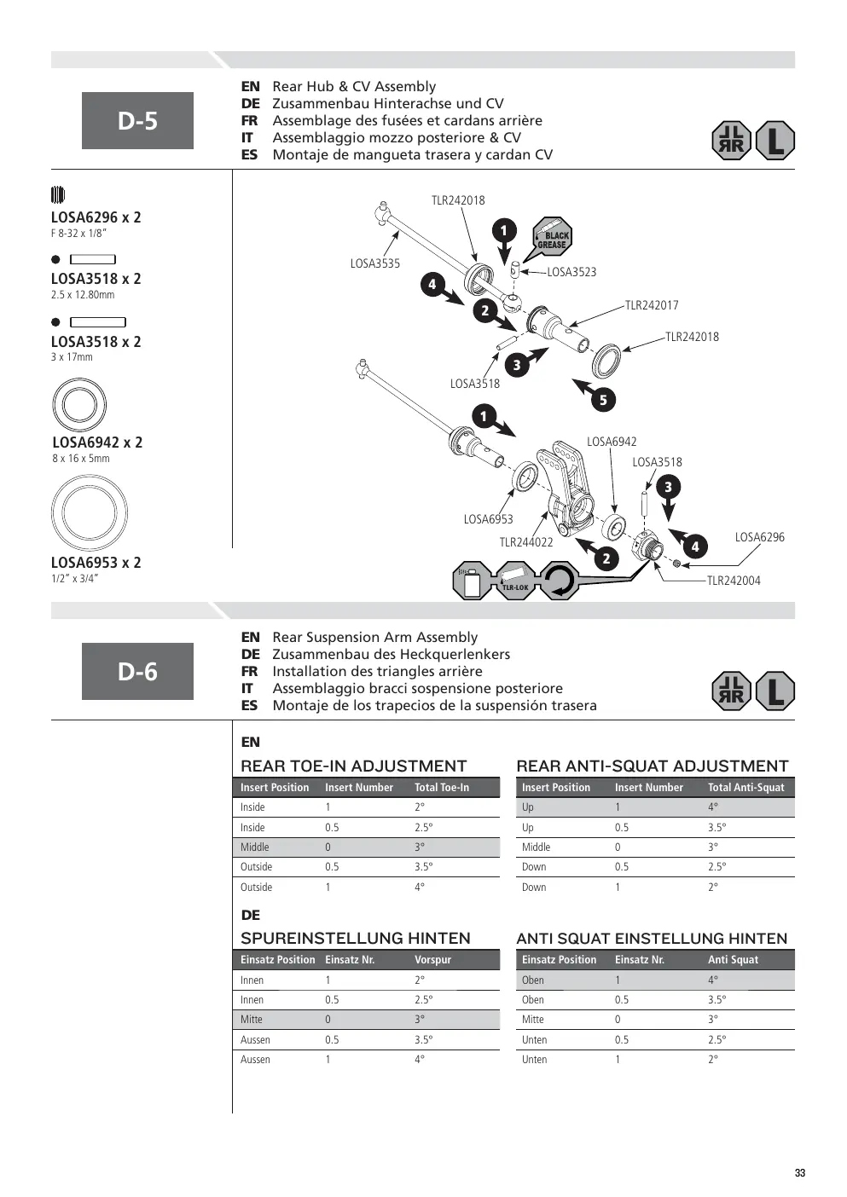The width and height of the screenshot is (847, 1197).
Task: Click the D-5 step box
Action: click(x=137, y=120)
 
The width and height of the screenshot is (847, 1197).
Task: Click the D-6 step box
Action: click(x=137, y=671)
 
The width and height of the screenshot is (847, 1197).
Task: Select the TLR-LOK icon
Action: click(x=515, y=581)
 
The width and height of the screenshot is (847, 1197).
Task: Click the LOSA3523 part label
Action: click(x=571, y=272)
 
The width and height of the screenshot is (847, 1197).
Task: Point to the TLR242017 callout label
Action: click(x=652, y=305)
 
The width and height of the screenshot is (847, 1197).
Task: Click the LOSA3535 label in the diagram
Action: click(x=374, y=263)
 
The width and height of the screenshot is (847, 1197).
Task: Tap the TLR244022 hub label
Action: click(x=526, y=542)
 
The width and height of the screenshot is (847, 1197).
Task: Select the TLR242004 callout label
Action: click(x=734, y=581)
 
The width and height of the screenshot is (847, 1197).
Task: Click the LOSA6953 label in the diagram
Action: click(x=488, y=519)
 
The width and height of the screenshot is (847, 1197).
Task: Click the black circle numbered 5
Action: click(x=603, y=400)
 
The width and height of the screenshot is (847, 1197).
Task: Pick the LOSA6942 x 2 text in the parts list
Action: click(x=97, y=442)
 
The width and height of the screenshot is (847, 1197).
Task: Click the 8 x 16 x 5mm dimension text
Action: click(x=81, y=459)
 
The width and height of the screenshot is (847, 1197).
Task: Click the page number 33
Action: click(x=800, y=1173)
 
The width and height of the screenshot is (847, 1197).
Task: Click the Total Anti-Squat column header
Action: click(x=746, y=787)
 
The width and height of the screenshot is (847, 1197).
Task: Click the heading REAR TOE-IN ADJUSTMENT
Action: click(x=353, y=766)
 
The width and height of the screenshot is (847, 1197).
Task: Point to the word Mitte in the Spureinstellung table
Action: click(x=252, y=1019)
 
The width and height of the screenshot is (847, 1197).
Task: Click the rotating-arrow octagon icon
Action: click(x=560, y=581)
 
